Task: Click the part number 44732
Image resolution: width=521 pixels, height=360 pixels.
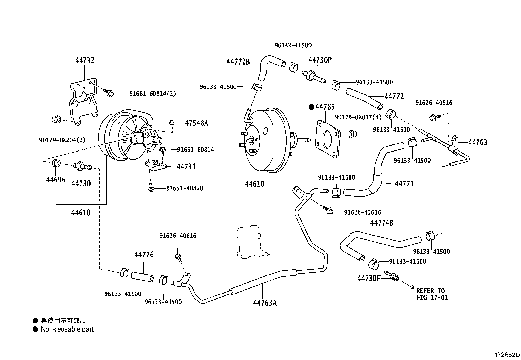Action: pyautogui.click(x=85, y=61)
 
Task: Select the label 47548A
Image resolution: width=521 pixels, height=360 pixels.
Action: pyautogui.click(x=196, y=123)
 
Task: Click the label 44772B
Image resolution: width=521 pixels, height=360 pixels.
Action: pyautogui.click(x=238, y=62)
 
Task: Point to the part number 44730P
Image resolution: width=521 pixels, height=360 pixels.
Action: pyautogui.click(x=320, y=60)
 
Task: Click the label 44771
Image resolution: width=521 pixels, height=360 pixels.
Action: pyautogui.click(x=404, y=184)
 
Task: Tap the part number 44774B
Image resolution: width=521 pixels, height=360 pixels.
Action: pyautogui.click(x=382, y=223)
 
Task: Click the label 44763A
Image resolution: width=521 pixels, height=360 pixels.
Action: pyautogui.click(x=265, y=303)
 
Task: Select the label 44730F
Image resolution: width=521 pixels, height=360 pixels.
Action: pyautogui.click(x=369, y=278)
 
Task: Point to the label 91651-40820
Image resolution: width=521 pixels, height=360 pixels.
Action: pyautogui.click(x=185, y=188)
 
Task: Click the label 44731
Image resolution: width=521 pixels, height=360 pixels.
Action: pyautogui.click(x=186, y=167)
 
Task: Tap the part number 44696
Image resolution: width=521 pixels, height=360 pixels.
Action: pyautogui.click(x=56, y=180)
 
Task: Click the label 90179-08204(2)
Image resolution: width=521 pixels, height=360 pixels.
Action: pyautogui.click(x=62, y=140)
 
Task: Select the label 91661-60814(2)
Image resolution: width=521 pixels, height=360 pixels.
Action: pyautogui.click(x=153, y=94)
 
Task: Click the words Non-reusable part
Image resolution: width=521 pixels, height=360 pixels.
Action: pyautogui.click(x=67, y=329)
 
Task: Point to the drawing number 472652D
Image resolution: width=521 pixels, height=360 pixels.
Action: pyautogui.click(x=507, y=355)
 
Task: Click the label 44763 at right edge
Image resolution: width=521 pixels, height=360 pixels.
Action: pyautogui.click(x=477, y=142)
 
